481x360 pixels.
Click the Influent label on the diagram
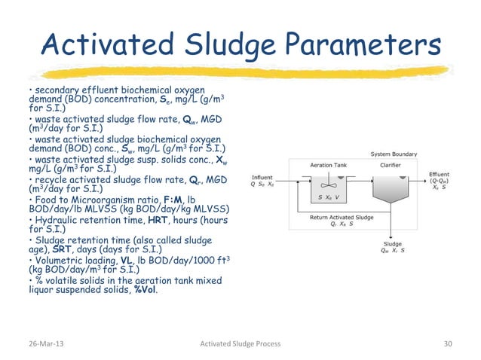[x=262, y=178]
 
